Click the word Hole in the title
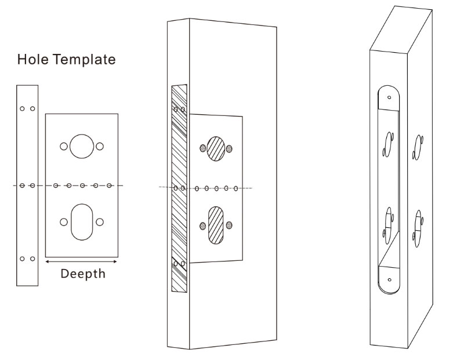click(x=30, y=60)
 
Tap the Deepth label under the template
click(x=84, y=273)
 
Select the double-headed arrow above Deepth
click(x=81, y=262)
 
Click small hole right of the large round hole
click(x=100, y=147)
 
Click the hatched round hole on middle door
click(x=216, y=148)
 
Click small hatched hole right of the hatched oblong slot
click(x=230, y=226)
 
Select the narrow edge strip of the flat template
click(x=27, y=186)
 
